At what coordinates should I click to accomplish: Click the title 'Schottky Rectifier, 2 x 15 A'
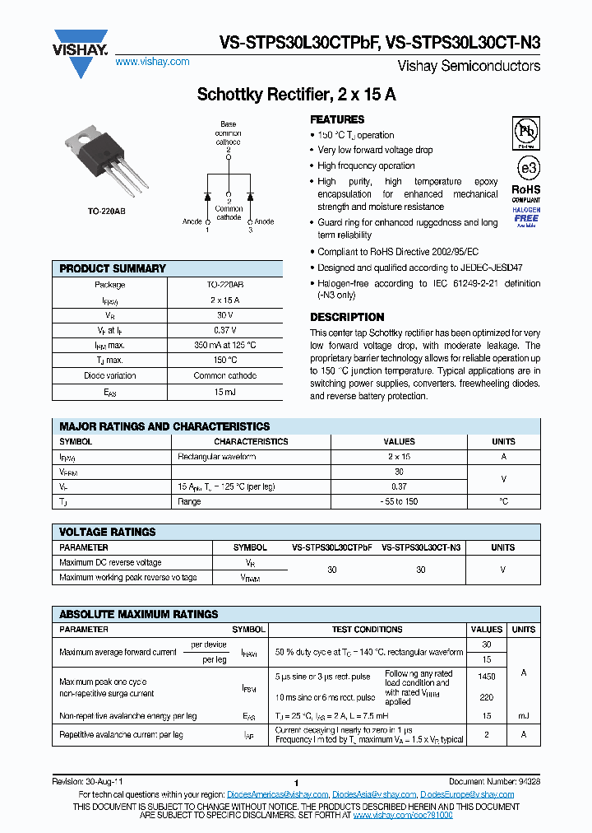tap(296, 95)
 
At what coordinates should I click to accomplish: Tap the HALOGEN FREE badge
tap(526, 216)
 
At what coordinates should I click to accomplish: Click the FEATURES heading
tap(337, 119)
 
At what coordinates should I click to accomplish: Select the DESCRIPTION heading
tap(347, 317)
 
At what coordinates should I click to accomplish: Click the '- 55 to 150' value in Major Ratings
tap(399, 501)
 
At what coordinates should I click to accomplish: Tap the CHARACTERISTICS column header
tap(251, 441)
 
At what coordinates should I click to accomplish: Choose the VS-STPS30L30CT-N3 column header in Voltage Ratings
tap(421, 547)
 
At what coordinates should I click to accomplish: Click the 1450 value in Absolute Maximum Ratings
tap(487, 676)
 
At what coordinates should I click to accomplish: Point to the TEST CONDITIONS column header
tap(367, 629)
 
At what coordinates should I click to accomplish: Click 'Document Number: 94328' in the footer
tap(494, 781)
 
